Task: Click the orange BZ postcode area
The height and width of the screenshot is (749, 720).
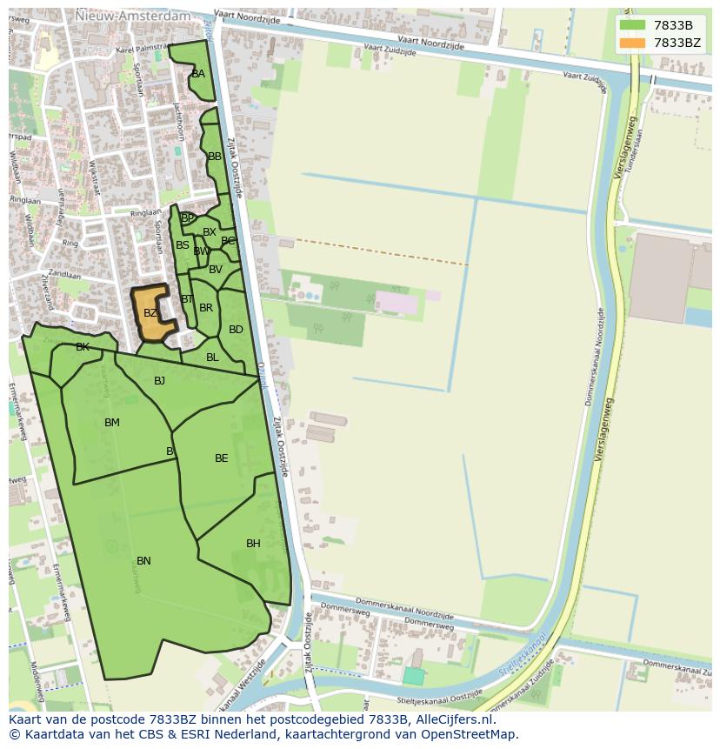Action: tap(150, 314)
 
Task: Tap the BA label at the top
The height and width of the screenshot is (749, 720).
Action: tap(198, 74)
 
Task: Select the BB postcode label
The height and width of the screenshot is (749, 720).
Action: tap(215, 157)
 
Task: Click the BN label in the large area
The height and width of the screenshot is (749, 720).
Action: tap(143, 561)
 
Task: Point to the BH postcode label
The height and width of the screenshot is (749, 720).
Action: tap(253, 544)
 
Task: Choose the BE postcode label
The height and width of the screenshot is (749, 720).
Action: tap(222, 458)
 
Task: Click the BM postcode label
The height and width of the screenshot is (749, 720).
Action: tap(112, 423)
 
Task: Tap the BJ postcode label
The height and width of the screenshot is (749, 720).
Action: tap(160, 381)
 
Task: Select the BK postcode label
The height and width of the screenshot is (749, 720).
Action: tap(83, 347)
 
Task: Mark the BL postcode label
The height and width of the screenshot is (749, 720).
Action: tap(212, 358)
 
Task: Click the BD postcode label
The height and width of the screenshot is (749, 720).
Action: tap(236, 330)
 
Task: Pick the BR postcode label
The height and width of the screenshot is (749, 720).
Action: tap(206, 308)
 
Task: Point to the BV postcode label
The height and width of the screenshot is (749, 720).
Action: tap(216, 270)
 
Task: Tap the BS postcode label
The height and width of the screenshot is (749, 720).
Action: tap(183, 245)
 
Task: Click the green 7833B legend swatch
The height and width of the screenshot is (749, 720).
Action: tap(633, 25)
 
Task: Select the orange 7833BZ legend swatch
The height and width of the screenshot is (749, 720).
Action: tap(633, 43)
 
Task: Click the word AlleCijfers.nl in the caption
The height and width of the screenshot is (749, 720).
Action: tap(452, 719)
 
